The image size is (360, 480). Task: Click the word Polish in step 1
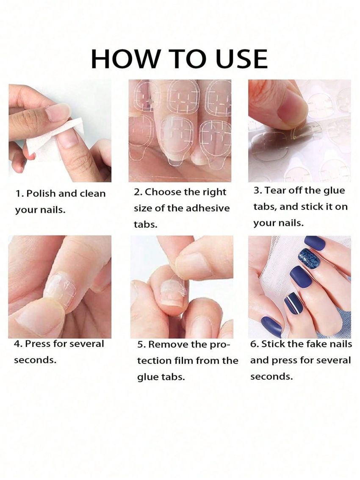click(x=41, y=194)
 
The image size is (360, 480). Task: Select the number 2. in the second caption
click(x=138, y=192)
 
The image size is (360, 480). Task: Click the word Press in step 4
click(x=37, y=344)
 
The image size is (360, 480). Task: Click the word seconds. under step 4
click(x=35, y=360)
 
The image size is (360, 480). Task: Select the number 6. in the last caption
click(x=254, y=344)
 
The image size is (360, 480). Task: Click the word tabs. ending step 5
click(x=173, y=377)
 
